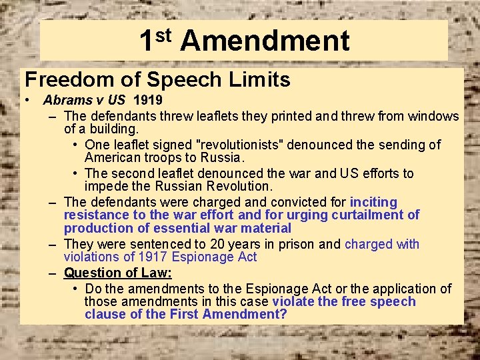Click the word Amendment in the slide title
(x=265, y=41)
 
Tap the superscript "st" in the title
(x=163, y=33)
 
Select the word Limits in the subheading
(x=262, y=80)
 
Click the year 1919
(x=148, y=101)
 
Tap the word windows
(x=434, y=116)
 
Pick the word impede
(x=107, y=187)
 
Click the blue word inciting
(x=373, y=202)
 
